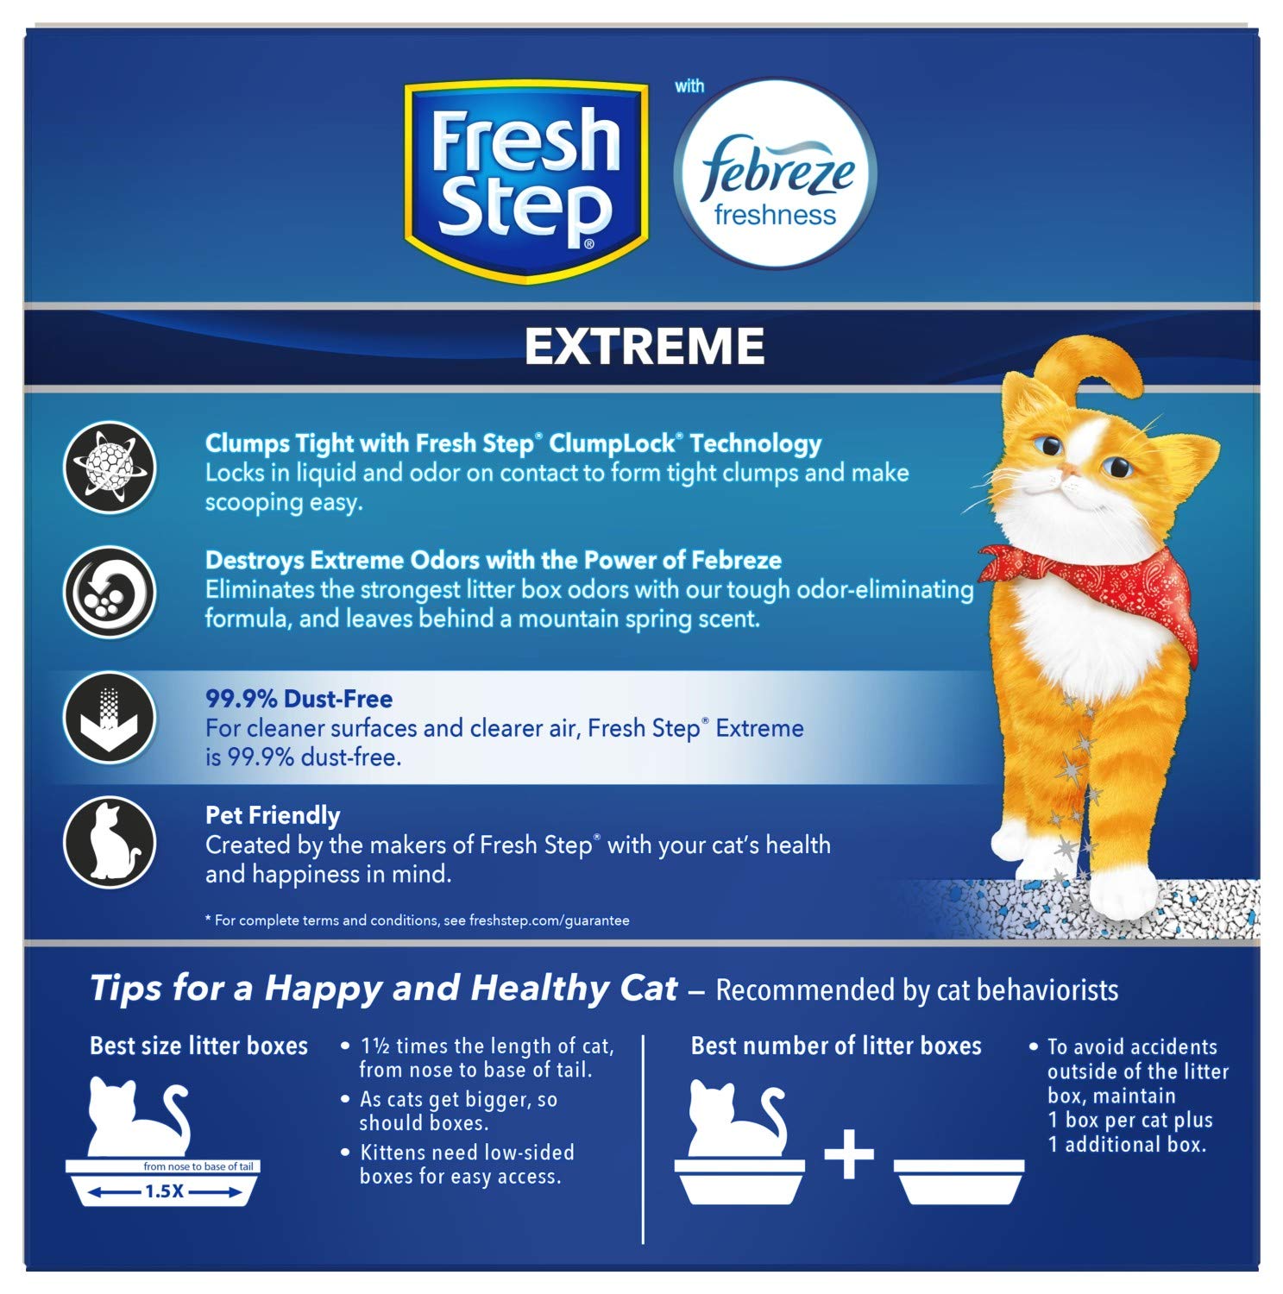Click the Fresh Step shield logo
pos(526,180)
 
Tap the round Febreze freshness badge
pos(776,173)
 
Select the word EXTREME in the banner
pos(645,346)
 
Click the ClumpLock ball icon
pos(110,468)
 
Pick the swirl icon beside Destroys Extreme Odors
pos(110,592)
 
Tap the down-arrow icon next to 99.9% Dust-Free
pos(110,717)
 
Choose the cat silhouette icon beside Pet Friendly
pos(110,842)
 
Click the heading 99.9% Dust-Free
pos(299,699)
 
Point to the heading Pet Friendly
pos(273,815)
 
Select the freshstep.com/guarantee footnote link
pos(549,920)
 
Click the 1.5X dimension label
pos(163,1191)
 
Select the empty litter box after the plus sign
pos(959,1181)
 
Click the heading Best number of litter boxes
pos(836,1046)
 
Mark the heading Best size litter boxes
pos(198,1046)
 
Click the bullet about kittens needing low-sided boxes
pos(466,1164)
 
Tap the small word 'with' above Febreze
pos(689,86)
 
